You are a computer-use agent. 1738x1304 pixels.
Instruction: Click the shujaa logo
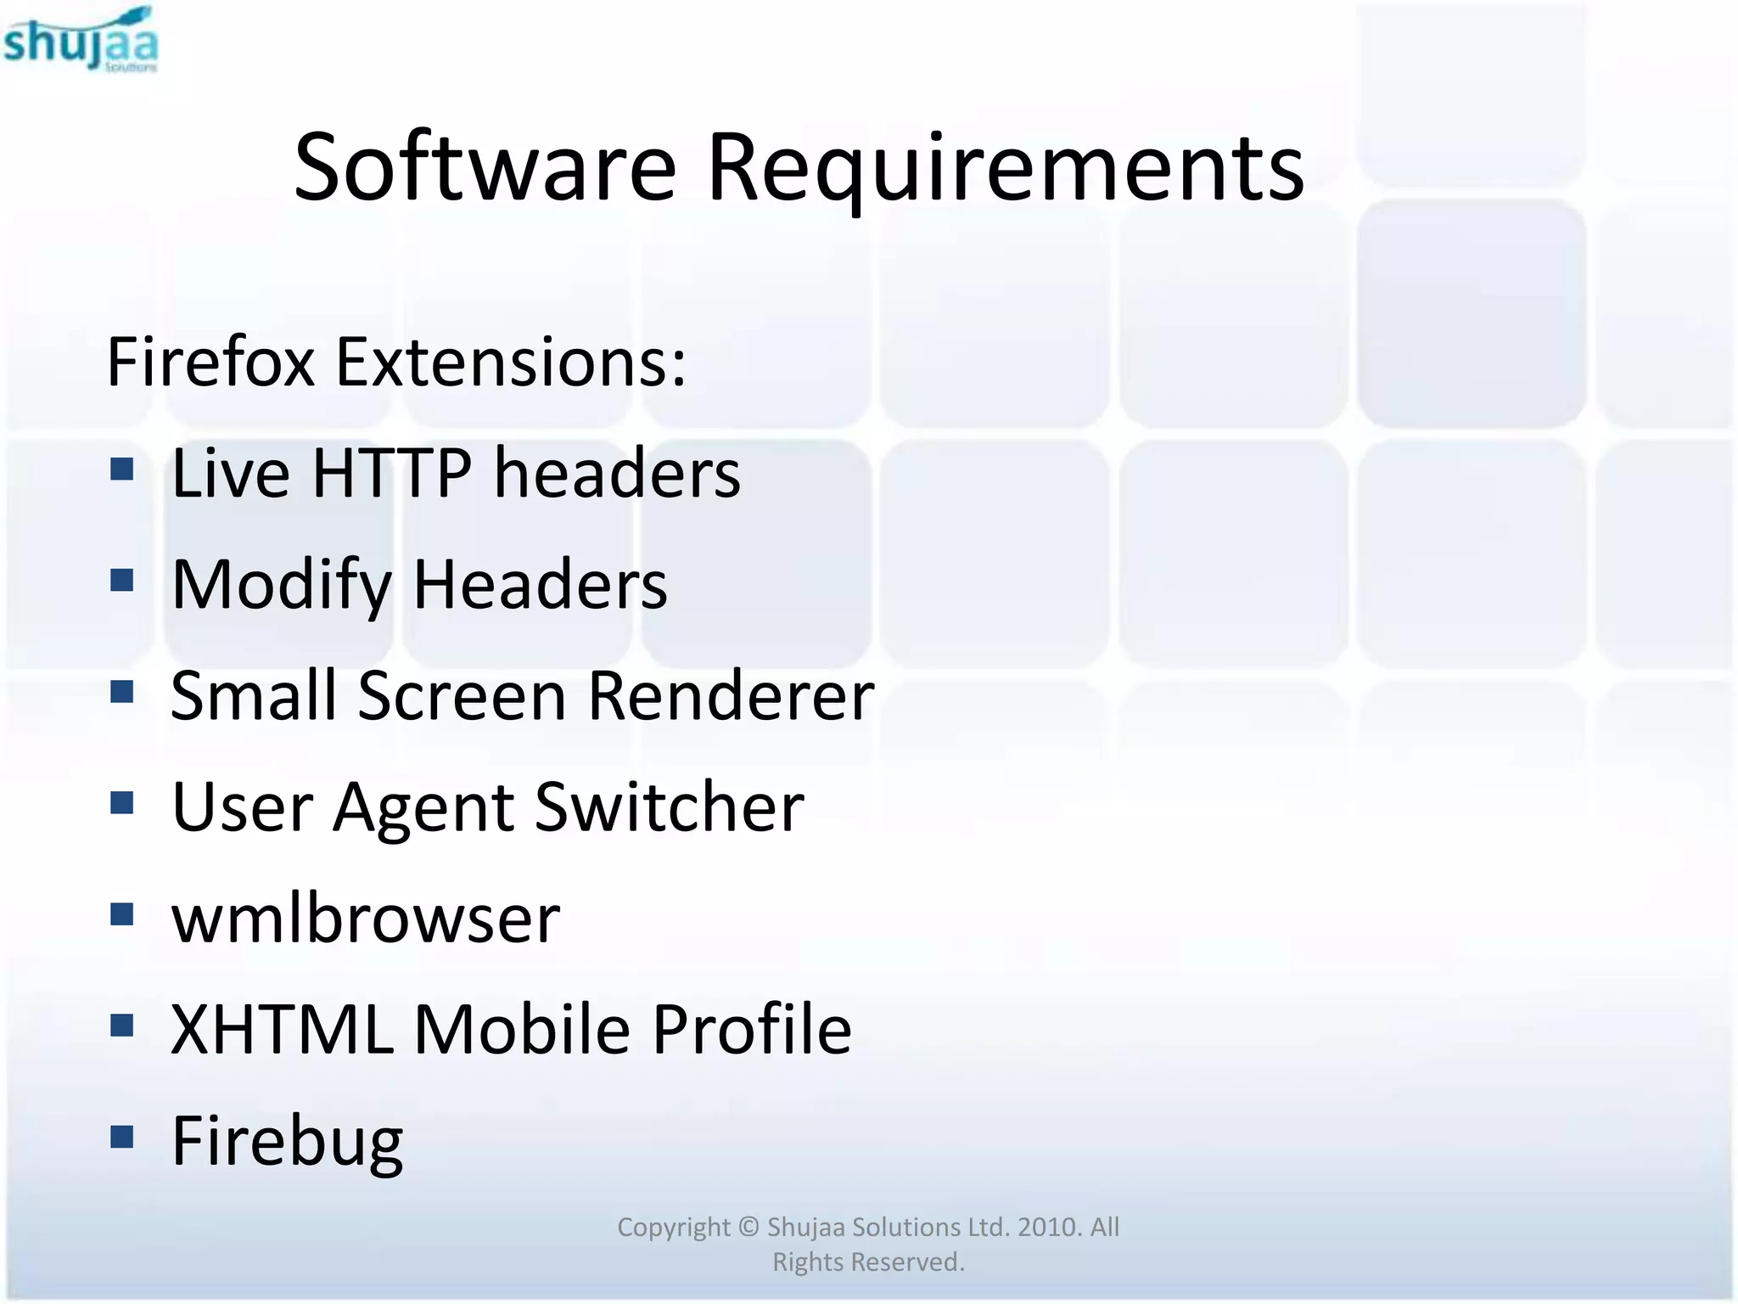[81, 41]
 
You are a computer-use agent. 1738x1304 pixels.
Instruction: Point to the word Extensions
[510, 363]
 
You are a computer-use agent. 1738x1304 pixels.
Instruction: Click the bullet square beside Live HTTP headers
[122, 469]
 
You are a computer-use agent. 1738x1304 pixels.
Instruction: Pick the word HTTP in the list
[391, 473]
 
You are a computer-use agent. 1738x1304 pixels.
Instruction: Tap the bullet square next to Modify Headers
[122, 581]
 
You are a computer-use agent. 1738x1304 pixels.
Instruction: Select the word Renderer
[731, 696]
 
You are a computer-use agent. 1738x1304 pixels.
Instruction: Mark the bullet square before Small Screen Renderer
[122, 692]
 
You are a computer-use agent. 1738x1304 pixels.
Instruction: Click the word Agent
[423, 808]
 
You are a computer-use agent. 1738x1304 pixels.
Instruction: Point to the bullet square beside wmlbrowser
[122, 914]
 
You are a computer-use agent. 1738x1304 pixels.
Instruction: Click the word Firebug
[287, 1142]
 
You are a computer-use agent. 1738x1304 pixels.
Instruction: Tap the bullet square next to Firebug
[122, 1137]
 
